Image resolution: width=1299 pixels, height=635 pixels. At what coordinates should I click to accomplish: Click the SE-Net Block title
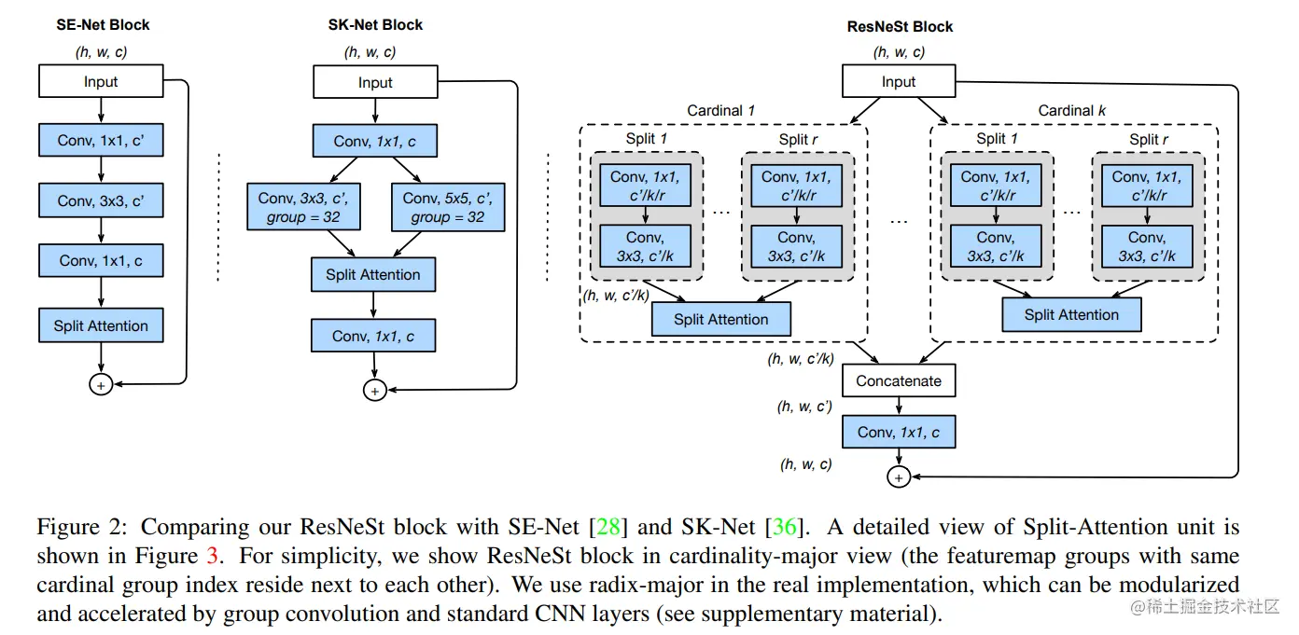pos(103,25)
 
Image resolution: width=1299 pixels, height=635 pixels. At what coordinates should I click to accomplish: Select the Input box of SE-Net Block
pos(101,82)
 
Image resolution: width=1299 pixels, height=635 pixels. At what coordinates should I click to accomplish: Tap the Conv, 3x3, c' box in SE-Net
pos(101,200)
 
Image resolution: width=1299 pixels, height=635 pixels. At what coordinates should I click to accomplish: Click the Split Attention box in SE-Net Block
pos(101,325)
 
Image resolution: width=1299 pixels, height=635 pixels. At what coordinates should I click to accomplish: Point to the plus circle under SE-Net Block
pos(100,383)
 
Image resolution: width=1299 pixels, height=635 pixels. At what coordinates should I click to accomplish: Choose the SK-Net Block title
pos(375,25)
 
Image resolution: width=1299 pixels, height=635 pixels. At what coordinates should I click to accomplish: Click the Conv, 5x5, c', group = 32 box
pos(449,207)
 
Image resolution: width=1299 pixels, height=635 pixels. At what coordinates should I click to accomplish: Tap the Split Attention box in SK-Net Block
pos(373,274)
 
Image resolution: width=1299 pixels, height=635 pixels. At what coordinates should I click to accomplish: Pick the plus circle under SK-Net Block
pos(374,391)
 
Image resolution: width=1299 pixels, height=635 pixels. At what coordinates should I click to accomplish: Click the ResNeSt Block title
pos(900,26)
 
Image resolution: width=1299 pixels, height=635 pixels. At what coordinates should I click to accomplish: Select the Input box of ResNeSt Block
pos(899,82)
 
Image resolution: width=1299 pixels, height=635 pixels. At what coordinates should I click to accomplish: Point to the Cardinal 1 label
pos(721,111)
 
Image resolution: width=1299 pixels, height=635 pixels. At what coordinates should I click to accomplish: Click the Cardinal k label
pos(1072,111)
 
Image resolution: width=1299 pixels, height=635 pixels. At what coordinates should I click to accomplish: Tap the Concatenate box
pos(899,380)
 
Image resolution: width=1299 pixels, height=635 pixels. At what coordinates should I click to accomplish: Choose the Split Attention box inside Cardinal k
pos(1071,314)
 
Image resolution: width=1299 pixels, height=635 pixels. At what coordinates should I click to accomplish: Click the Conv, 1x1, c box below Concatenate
pos(899,432)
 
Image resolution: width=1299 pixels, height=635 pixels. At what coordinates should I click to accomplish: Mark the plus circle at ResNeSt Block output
pos(899,476)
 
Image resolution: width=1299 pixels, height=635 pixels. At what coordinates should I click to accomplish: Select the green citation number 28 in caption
pos(608,527)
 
